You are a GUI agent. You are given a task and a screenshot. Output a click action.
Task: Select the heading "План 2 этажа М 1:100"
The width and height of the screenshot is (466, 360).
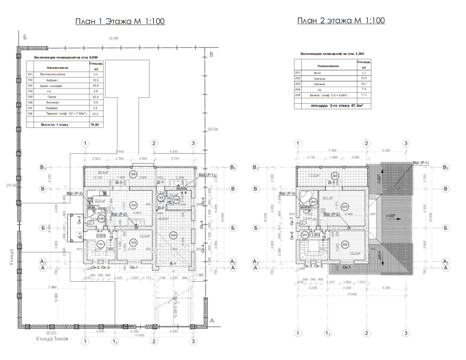pos(341,20)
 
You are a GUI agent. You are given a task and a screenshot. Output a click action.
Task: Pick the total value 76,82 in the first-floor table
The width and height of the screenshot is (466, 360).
pos(96,124)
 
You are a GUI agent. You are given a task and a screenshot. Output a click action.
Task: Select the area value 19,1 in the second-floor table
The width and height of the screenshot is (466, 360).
pos(364,85)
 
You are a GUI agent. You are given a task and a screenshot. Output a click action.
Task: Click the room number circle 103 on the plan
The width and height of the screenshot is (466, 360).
pos(133,205)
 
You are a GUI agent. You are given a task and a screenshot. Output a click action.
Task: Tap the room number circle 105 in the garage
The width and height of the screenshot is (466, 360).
pos(173,235)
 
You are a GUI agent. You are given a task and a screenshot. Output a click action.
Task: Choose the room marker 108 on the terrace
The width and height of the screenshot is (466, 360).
pos(133,174)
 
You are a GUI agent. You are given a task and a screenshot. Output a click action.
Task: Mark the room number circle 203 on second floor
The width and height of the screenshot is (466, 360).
pos(344,205)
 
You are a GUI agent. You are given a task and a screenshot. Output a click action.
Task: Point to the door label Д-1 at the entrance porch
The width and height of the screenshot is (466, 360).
pos(79,236)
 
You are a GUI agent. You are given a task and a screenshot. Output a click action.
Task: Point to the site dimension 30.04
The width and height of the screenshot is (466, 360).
pos(213,129)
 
